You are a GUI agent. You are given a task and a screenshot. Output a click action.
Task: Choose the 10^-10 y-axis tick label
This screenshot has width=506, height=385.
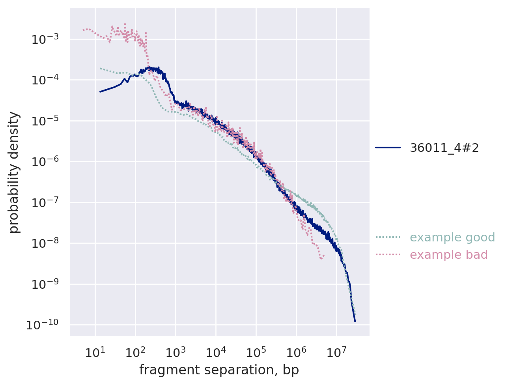42,325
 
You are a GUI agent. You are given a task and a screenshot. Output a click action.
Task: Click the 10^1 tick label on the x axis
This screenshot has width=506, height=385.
95,351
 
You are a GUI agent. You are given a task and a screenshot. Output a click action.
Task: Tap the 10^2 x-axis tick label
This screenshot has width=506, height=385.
135,351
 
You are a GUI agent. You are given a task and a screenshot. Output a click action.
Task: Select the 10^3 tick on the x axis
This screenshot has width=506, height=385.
175,351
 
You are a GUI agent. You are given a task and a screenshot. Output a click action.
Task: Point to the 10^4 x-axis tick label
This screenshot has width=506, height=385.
215,351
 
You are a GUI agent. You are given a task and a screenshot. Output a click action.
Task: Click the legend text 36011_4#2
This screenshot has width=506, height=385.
444,148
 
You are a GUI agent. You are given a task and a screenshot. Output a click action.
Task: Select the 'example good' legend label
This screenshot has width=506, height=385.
452,237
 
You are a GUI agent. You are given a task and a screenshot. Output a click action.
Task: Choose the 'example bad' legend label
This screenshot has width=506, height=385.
449,255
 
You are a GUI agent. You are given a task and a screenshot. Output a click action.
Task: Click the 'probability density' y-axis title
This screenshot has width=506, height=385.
14,172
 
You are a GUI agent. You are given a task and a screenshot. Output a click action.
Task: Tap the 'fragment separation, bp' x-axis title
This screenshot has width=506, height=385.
219,370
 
